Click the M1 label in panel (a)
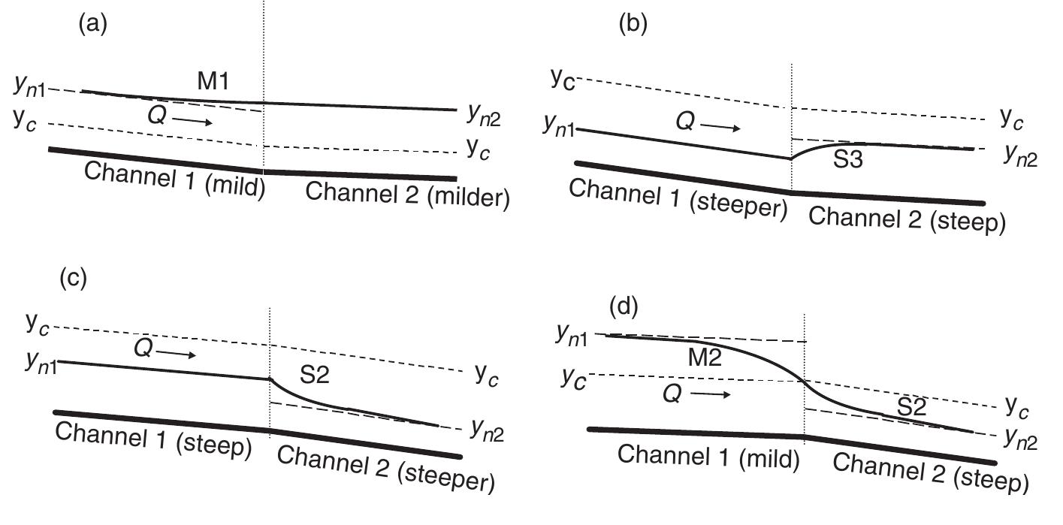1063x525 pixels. (213, 83)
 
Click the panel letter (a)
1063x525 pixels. (94, 23)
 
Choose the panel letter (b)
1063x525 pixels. (633, 23)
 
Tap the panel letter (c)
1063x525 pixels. (74, 278)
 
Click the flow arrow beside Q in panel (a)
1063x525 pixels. (196, 121)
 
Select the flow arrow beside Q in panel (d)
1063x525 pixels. (711, 394)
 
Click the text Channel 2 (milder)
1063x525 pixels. (408, 198)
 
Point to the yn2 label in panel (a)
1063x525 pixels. (484, 113)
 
